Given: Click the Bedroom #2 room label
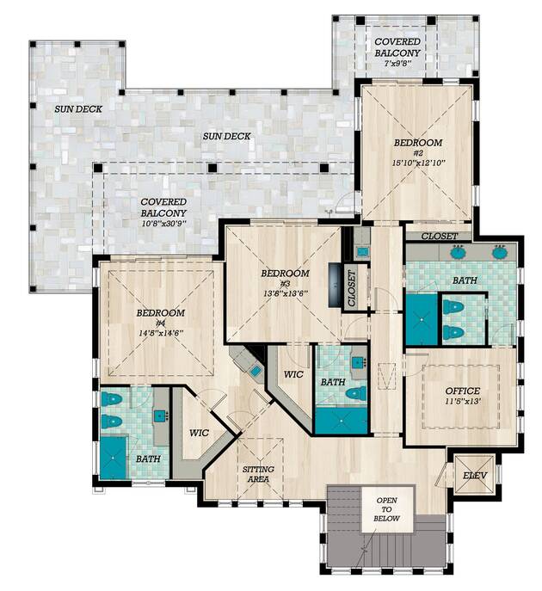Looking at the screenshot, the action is [418, 148].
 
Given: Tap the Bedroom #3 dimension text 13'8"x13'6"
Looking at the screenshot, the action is [286, 293].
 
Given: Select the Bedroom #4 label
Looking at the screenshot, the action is [161, 317].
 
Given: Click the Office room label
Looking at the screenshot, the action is [463, 391].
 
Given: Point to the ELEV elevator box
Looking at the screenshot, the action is [475, 475].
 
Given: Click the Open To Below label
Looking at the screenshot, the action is [386, 509].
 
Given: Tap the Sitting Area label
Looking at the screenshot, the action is [258, 474].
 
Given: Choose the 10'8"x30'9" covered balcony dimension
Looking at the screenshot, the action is [164, 224].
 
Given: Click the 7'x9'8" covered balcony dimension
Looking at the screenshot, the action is [397, 64].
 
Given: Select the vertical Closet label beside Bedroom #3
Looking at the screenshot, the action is [351, 288].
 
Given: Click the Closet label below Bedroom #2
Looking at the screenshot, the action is [439, 237].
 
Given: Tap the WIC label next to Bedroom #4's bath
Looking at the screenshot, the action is [199, 433].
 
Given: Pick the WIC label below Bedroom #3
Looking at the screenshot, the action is [293, 374].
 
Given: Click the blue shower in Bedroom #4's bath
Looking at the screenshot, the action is [113, 458].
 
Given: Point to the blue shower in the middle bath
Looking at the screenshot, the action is [341, 421].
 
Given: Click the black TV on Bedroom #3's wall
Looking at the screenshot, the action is [335, 286].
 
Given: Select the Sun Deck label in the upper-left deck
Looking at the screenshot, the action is [78, 109].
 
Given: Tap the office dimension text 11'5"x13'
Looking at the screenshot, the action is [463, 402].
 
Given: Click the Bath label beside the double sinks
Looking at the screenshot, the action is [465, 280].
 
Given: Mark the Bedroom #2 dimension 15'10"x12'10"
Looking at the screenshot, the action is [418, 163].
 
